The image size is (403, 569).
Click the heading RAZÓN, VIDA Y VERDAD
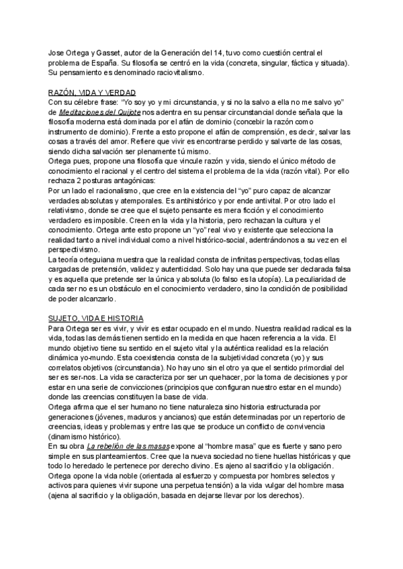pyautogui.click(x=92, y=93)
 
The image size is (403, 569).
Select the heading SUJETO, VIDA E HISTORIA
pyautogui.click(x=97, y=317)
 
